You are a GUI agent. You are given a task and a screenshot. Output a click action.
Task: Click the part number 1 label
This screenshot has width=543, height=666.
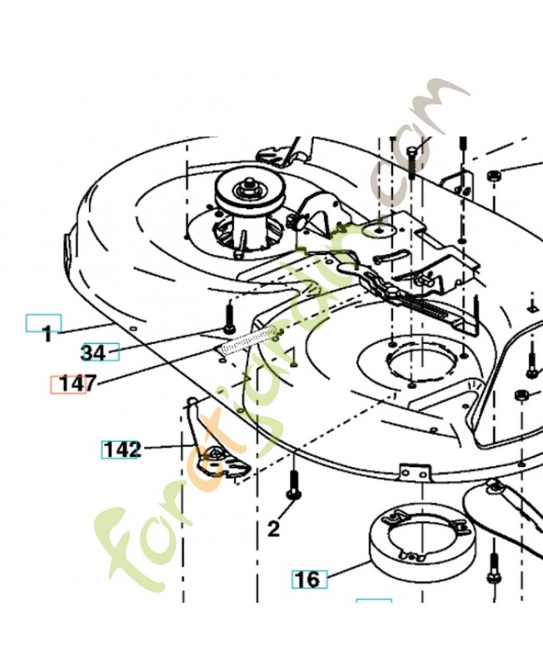[x=47, y=335]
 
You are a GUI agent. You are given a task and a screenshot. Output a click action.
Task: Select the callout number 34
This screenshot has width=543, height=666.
[x=93, y=352]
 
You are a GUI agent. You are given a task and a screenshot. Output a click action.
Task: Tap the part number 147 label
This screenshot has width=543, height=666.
[x=78, y=384]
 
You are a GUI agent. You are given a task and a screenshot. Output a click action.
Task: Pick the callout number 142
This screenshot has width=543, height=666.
[x=122, y=450]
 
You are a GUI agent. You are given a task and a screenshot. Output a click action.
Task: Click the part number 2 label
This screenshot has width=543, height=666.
[x=274, y=529]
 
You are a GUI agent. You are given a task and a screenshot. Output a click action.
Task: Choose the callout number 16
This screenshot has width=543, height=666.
[x=307, y=579]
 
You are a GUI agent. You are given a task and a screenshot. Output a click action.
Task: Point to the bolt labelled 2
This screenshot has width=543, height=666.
[x=294, y=485]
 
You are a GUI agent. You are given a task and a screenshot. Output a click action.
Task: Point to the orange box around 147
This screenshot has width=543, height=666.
[x=68, y=385]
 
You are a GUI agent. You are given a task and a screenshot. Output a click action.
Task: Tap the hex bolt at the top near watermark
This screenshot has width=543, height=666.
[x=411, y=162]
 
